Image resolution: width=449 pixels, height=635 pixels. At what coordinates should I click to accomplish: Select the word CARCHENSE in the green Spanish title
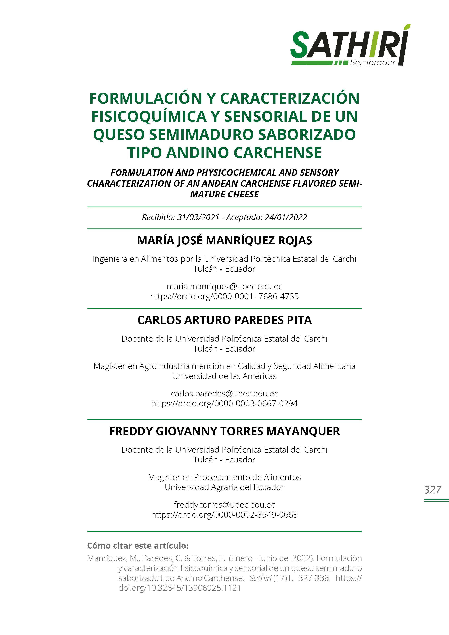click(x=278, y=153)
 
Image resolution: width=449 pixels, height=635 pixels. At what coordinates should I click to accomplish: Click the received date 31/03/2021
click(x=198, y=217)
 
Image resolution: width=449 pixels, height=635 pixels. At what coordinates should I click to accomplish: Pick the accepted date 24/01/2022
click(x=286, y=217)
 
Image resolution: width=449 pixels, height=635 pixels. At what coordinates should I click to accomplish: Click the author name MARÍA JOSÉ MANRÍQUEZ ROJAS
click(x=224, y=240)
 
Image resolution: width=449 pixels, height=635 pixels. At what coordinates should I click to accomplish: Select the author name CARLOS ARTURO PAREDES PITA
click(x=224, y=320)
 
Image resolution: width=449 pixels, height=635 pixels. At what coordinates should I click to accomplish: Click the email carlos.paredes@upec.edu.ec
click(x=224, y=394)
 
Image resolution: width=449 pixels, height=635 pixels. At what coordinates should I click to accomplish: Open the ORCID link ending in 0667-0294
click(x=224, y=403)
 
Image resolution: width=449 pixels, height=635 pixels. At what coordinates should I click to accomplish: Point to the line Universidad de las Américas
click(x=224, y=376)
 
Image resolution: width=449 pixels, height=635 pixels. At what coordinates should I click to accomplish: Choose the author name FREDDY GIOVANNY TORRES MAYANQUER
click(x=224, y=431)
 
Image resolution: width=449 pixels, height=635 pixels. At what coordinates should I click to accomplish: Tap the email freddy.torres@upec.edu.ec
click(x=224, y=505)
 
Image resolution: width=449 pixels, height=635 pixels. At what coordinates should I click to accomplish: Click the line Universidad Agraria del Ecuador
click(x=224, y=487)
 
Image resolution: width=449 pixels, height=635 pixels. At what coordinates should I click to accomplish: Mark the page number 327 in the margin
click(x=432, y=490)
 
